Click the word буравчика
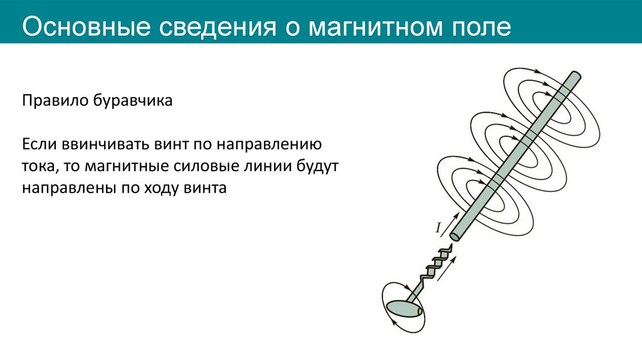132,101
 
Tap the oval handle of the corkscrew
402,308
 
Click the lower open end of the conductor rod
456,235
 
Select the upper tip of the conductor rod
574,77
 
